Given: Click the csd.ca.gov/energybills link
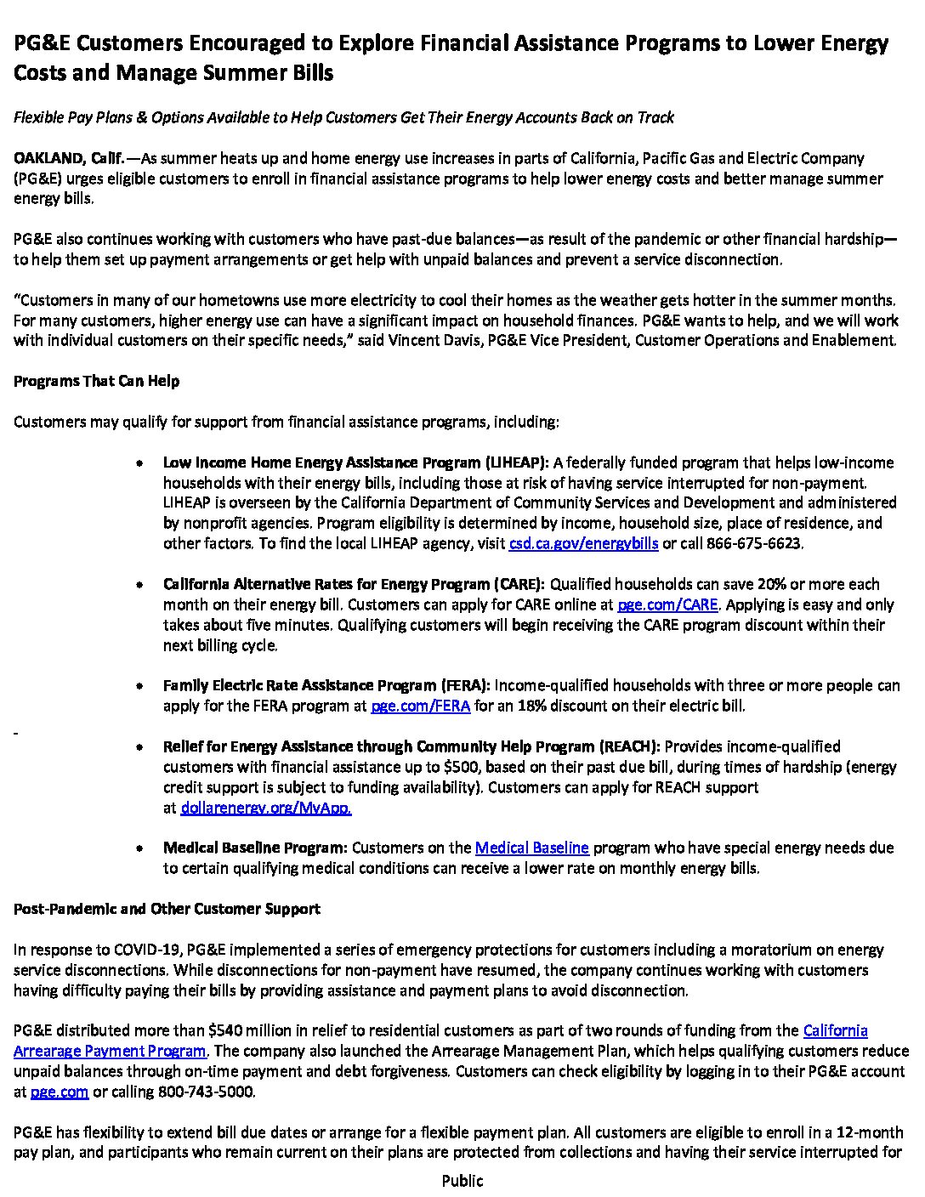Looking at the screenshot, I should click(x=583, y=543).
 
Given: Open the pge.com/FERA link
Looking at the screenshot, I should click(x=421, y=706).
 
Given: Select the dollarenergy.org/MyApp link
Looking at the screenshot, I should click(x=266, y=808).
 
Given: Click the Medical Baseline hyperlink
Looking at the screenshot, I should click(x=531, y=848).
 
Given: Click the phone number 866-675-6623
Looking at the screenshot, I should click(x=754, y=543).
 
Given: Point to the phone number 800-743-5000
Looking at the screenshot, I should click(x=206, y=1092).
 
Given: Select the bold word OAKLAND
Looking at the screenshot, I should click(x=47, y=158).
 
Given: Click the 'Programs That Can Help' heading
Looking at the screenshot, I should click(x=96, y=381).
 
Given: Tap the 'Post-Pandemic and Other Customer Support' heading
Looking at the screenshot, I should click(x=167, y=909).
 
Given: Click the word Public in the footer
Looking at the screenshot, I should click(x=462, y=1181).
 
